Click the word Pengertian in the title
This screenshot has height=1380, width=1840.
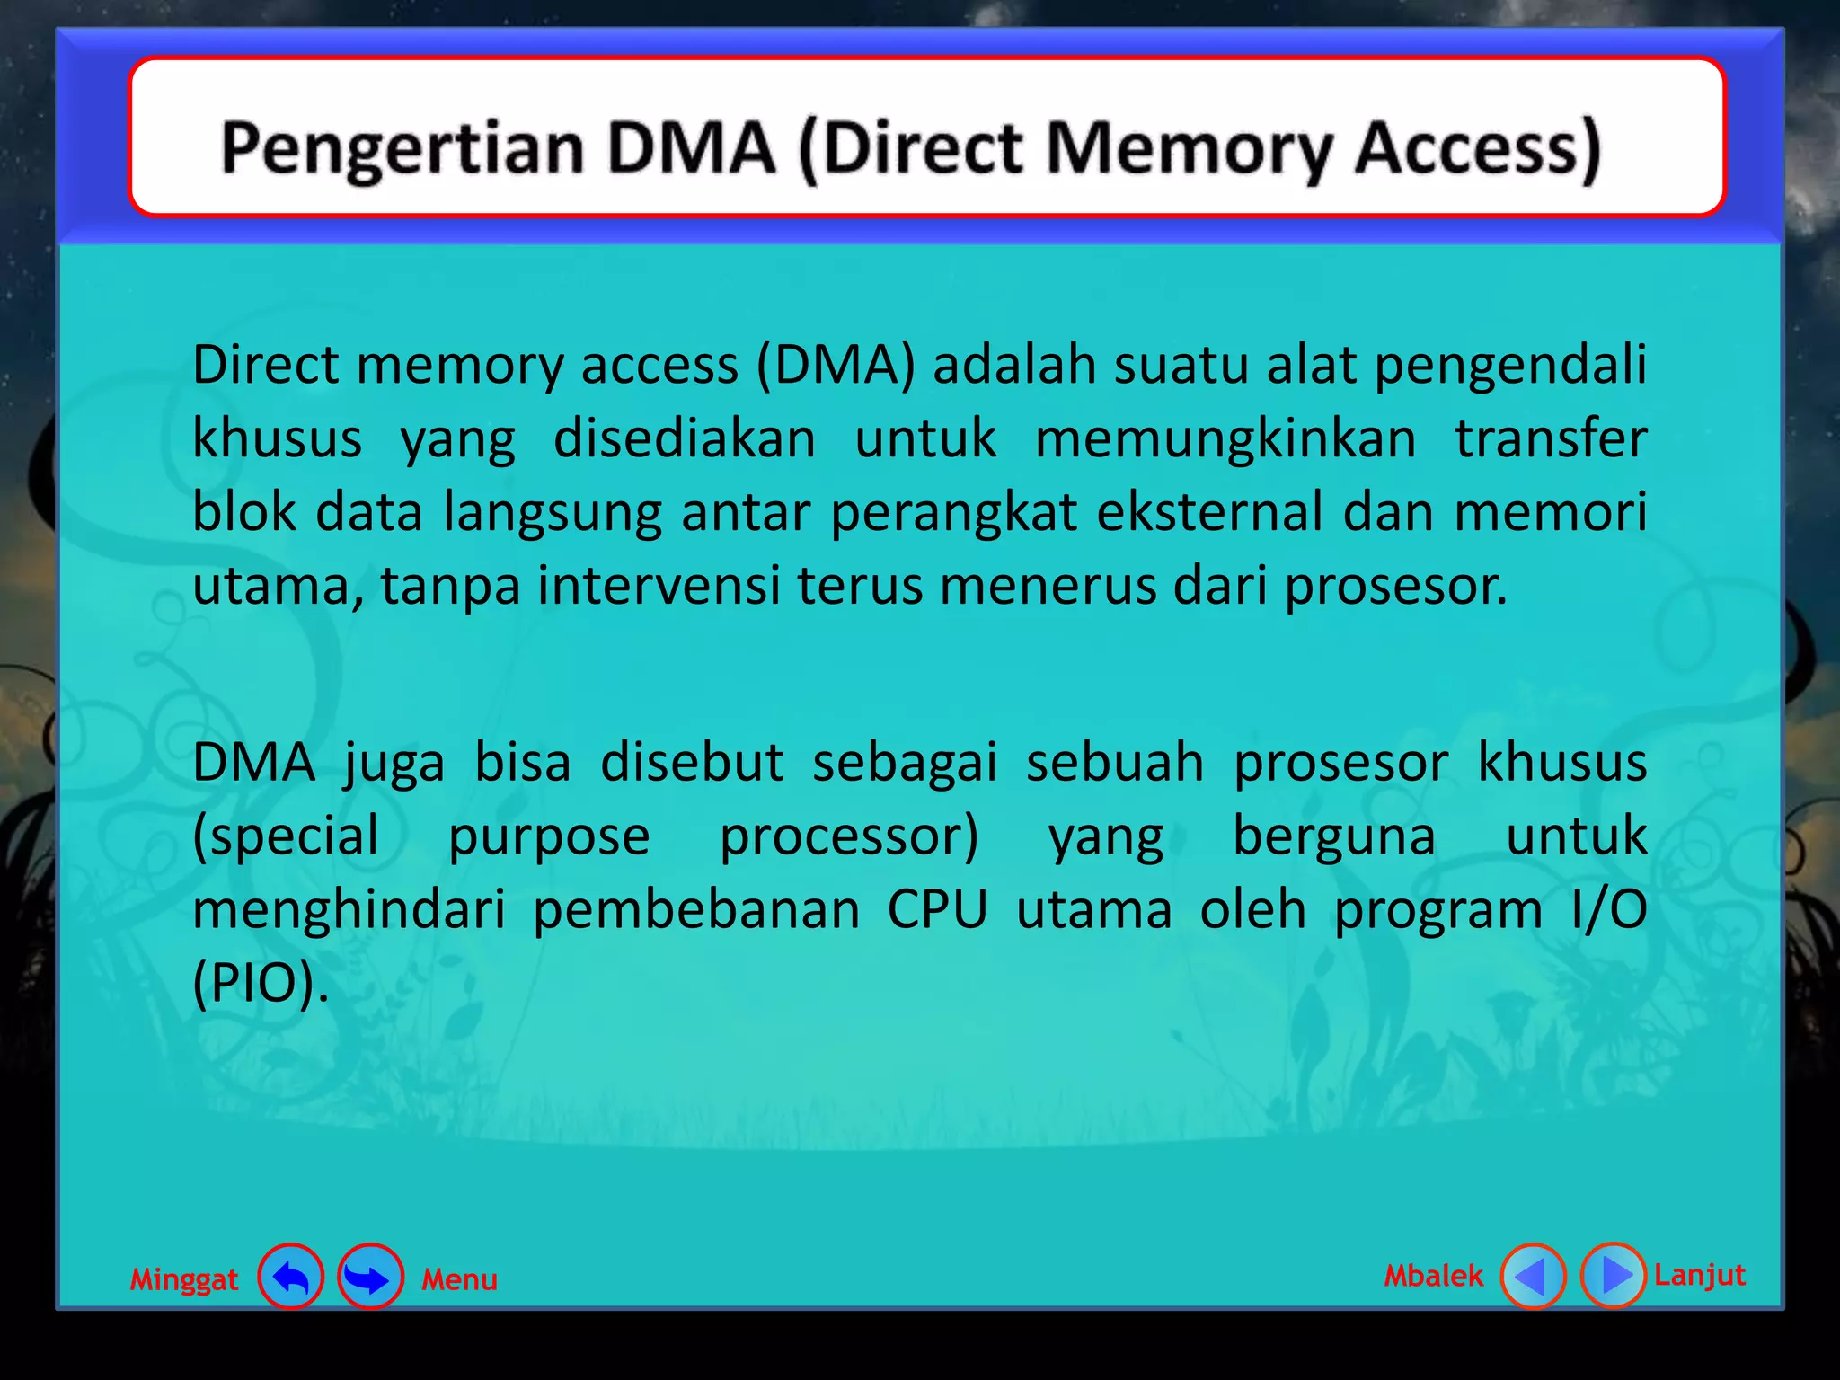click(x=402, y=148)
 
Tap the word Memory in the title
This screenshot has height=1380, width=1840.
click(x=1189, y=148)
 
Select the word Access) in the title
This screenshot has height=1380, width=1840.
click(x=1477, y=148)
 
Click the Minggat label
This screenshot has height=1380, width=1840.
click(x=184, y=1278)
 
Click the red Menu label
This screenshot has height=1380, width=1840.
click(x=459, y=1278)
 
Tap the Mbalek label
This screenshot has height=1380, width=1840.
click(x=1433, y=1275)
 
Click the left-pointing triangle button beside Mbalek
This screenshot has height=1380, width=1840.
click(x=1533, y=1276)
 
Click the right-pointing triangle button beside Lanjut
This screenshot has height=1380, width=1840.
click(x=1613, y=1275)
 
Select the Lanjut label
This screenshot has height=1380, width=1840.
click(x=1700, y=1274)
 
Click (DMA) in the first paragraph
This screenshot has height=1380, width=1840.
click(x=836, y=366)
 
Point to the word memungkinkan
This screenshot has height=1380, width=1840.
click(x=1225, y=439)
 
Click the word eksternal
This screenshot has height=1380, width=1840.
click(x=1210, y=513)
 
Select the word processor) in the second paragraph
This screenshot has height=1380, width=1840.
click(x=849, y=836)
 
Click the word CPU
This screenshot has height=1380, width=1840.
click(x=937, y=910)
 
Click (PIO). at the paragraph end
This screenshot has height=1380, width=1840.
click(x=261, y=984)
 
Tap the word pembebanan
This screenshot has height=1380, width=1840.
click(x=696, y=910)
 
